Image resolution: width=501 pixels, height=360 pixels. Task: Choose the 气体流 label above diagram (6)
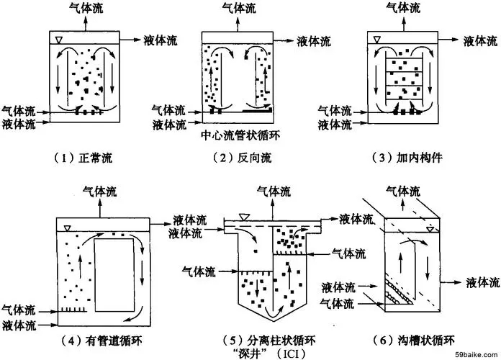[402, 190]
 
